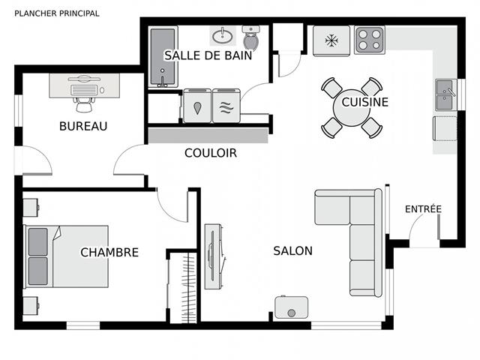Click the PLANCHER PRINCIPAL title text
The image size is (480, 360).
click(x=57, y=13)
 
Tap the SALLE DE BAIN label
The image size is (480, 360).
click(x=208, y=55)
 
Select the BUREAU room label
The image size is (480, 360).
click(x=83, y=126)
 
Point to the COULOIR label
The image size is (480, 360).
click(x=211, y=153)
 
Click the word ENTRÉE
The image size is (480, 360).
click(x=423, y=208)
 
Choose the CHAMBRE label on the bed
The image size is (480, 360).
click(x=109, y=252)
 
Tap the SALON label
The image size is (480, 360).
click(x=293, y=250)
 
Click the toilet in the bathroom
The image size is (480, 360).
click(x=251, y=37)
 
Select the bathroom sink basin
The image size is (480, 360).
click(x=223, y=36)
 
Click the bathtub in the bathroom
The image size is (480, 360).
click(x=163, y=57)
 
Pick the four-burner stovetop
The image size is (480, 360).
click(x=370, y=40)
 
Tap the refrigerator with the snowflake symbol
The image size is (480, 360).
click(x=331, y=40)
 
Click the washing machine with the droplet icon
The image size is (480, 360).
click(x=197, y=106)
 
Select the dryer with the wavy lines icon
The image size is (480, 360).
click(x=226, y=106)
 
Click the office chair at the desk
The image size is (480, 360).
click(x=84, y=104)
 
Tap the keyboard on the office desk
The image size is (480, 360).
click(x=84, y=90)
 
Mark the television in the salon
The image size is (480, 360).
click(x=214, y=256)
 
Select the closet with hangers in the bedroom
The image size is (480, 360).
click(x=183, y=288)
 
